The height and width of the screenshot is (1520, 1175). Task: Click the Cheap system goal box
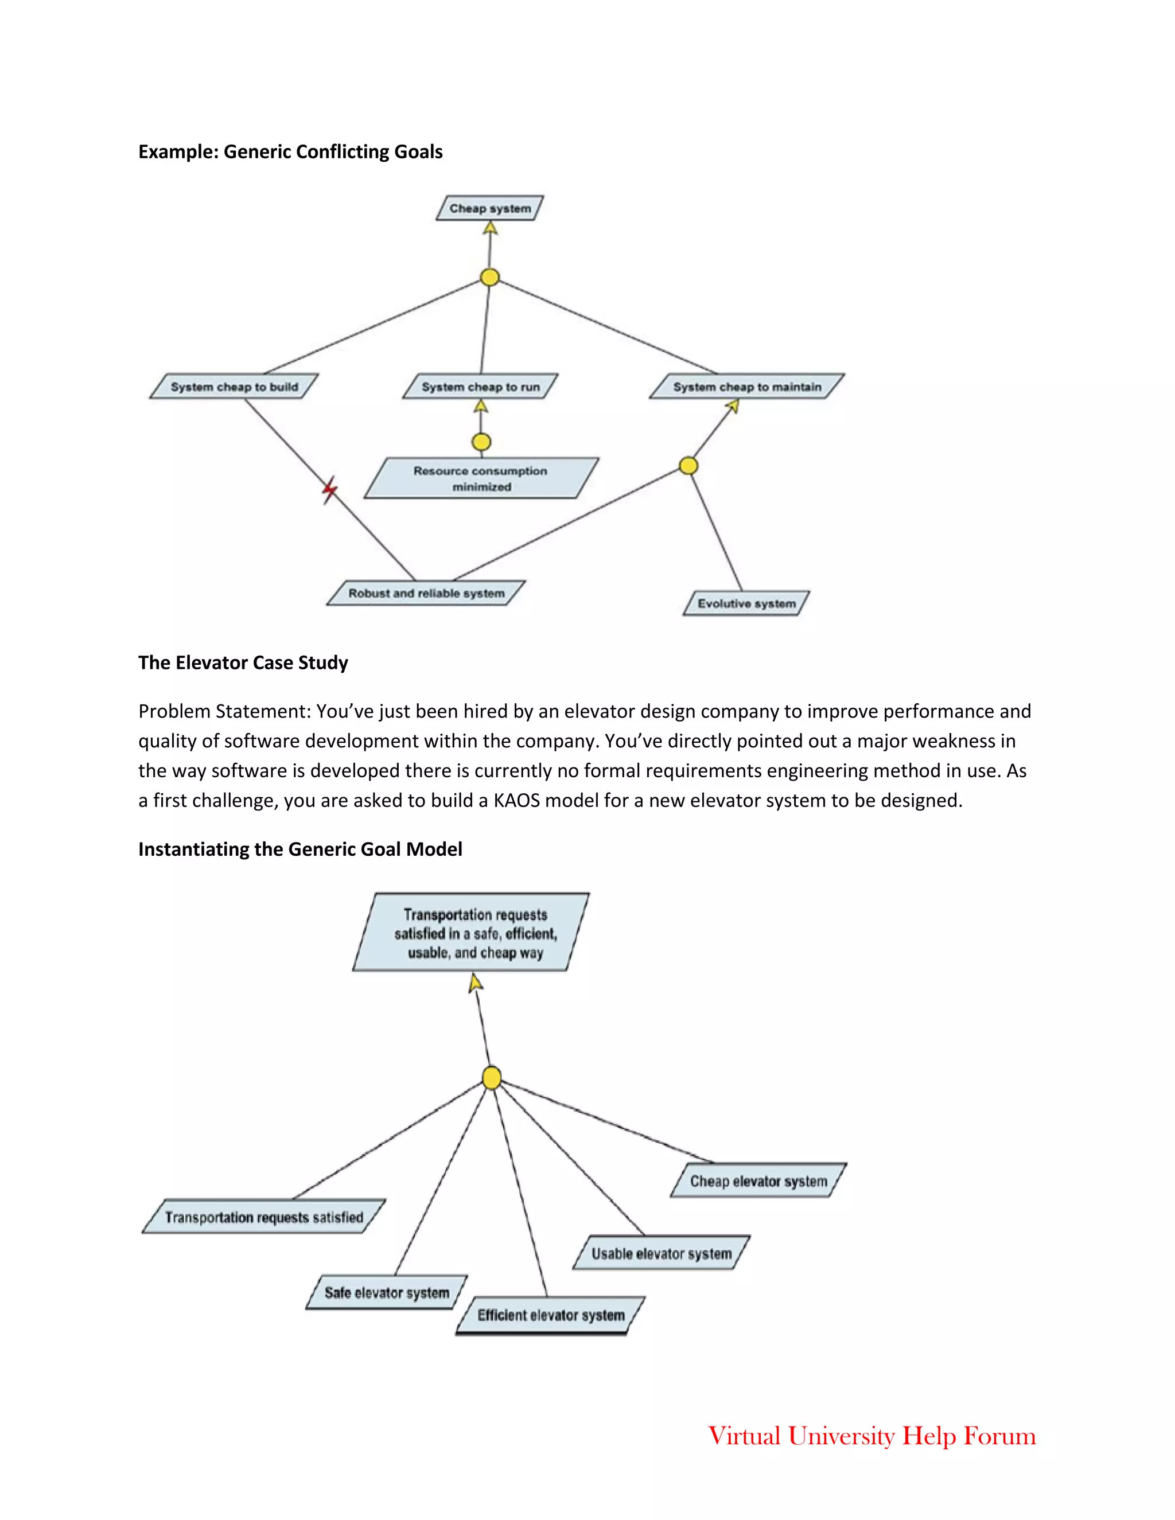(x=489, y=208)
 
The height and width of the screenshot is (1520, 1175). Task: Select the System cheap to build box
(x=234, y=386)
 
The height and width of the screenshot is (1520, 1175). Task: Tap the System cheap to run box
(x=480, y=386)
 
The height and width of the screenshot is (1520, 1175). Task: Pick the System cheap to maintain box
(x=746, y=386)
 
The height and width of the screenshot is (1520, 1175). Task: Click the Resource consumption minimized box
(x=481, y=478)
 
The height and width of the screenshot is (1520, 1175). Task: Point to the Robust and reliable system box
(x=426, y=593)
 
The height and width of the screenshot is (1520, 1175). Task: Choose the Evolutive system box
(x=746, y=603)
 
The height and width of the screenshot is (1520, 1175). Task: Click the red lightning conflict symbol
(x=329, y=490)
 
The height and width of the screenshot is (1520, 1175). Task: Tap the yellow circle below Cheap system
(x=490, y=277)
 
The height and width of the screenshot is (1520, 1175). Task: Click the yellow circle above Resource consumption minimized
(x=481, y=442)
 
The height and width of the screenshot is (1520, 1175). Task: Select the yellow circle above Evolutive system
(x=688, y=466)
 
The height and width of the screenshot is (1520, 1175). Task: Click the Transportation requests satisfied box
(x=264, y=1217)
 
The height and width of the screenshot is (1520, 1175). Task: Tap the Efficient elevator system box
(x=551, y=1315)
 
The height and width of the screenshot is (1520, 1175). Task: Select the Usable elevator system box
(x=662, y=1253)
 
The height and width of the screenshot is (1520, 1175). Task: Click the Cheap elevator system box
(x=758, y=1181)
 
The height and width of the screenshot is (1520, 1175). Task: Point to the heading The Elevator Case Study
(x=243, y=662)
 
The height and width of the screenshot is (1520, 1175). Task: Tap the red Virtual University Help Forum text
(x=871, y=1436)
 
